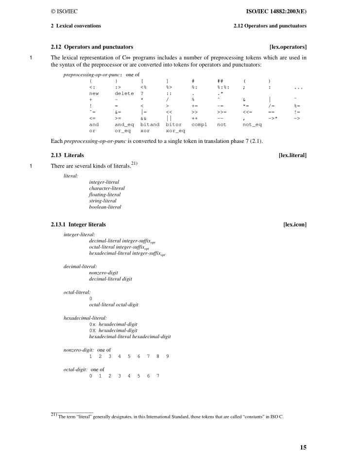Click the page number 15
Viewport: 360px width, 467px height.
pyautogui.click(x=303, y=447)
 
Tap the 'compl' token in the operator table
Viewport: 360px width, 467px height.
pyautogui.click(x=199, y=124)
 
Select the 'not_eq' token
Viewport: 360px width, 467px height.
pyautogui.click(x=252, y=124)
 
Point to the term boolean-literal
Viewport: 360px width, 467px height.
pyautogui.click(x=105, y=207)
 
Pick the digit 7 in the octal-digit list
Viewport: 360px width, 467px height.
pyautogui.click(x=158, y=376)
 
